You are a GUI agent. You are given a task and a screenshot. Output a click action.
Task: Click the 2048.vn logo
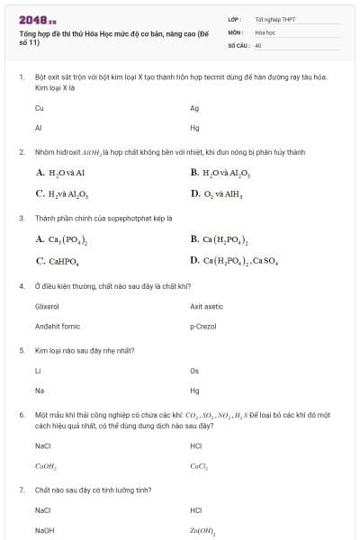(38, 18)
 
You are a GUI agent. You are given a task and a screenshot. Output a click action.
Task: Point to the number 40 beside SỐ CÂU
(258, 44)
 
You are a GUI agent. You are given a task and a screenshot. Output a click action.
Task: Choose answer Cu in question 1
(39, 108)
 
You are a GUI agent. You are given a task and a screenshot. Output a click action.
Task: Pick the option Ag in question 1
(194, 108)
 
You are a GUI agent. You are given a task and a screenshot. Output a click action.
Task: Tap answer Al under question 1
(38, 127)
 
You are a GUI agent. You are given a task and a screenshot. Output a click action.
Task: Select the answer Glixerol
(47, 306)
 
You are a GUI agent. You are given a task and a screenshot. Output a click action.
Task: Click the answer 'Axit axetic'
(206, 306)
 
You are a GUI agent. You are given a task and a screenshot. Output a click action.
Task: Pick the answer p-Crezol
(203, 326)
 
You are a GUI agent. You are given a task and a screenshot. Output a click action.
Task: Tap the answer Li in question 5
(38, 371)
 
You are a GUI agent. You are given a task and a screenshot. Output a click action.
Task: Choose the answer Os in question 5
(194, 371)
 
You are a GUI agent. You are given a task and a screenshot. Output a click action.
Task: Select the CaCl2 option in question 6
(199, 465)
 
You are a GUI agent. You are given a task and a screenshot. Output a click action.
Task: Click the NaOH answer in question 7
(44, 530)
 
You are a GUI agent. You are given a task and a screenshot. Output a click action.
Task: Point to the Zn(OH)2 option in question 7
(202, 530)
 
